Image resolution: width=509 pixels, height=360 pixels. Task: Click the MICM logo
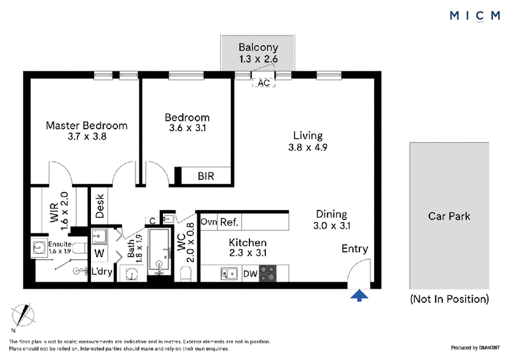click(x=475, y=15)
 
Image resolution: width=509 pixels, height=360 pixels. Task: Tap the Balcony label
click(x=258, y=48)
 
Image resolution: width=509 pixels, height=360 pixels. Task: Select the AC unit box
click(x=263, y=83)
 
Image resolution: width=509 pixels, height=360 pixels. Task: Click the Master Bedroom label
click(x=87, y=126)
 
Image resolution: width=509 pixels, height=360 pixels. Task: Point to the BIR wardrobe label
click(x=206, y=176)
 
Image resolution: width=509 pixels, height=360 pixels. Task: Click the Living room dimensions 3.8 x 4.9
click(x=308, y=148)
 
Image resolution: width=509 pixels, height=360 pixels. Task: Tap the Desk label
click(x=100, y=206)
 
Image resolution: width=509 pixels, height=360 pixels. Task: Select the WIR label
click(x=54, y=212)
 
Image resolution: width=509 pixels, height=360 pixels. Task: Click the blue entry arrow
click(x=359, y=296)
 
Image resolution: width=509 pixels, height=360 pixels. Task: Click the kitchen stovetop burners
click(x=268, y=273)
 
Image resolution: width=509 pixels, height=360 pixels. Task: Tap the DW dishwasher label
click(x=250, y=274)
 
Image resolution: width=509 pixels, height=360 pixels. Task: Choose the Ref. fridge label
click(x=229, y=223)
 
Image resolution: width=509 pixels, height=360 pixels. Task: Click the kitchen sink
click(x=229, y=273)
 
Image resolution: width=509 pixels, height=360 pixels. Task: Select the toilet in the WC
click(x=186, y=275)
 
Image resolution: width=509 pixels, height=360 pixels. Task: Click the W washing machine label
click(x=99, y=253)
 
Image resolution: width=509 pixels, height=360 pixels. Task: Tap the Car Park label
click(x=449, y=216)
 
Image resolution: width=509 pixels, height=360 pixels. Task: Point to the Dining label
click(x=331, y=214)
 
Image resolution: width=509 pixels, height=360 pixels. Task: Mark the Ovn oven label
click(x=209, y=222)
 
